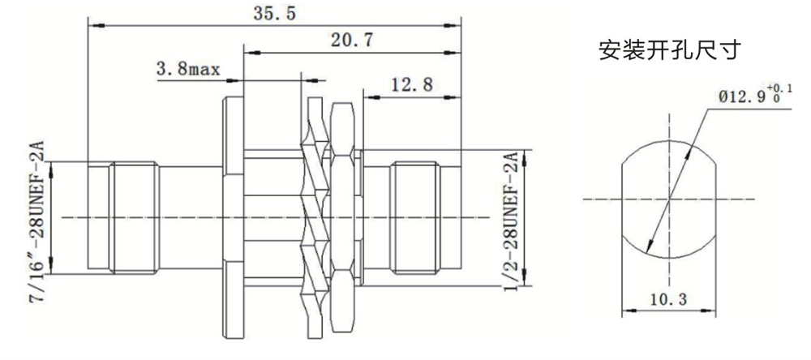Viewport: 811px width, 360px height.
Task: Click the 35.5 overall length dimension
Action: pos(275,13)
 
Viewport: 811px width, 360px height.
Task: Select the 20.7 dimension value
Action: pos(352,40)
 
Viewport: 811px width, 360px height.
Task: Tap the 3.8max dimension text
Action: pos(188,69)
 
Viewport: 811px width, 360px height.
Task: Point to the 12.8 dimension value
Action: pos(412,84)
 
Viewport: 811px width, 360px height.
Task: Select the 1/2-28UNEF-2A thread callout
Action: pos(510,221)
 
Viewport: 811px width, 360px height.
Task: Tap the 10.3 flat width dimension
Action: pos(669,299)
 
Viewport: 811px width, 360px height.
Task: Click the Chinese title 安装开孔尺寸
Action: pos(670,51)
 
